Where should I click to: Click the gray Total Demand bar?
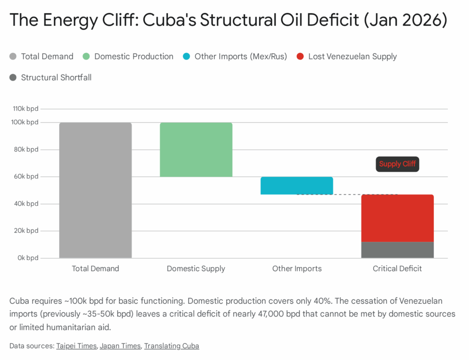pyautogui.click(x=95, y=190)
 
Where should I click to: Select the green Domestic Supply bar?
pyautogui.click(x=196, y=149)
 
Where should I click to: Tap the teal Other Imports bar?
pyautogui.click(x=297, y=185)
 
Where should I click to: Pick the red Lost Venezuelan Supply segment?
pyautogui.click(x=397, y=218)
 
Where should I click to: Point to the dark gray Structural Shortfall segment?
pyautogui.click(x=397, y=250)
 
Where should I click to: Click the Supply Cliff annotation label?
pyautogui.click(x=397, y=164)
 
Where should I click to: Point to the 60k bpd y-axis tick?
pyautogui.click(x=26, y=176)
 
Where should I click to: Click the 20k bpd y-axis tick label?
pyautogui.click(x=26, y=231)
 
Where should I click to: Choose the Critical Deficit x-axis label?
pyautogui.click(x=397, y=268)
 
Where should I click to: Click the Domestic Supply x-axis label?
pyautogui.click(x=196, y=268)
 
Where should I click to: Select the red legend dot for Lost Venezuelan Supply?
pyautogui.click(x=300, y=56)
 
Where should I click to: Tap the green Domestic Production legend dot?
pyautogui.click(x=86, y=56)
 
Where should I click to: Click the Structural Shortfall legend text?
pyautogui.click(x=56, y=77)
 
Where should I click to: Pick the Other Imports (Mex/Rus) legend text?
pyautogui.click(x=240, y=56)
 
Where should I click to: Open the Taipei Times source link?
pyautogui.click(x=76, y=346)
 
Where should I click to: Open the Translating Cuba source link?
pyautogui.click(x=171, y=346)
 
